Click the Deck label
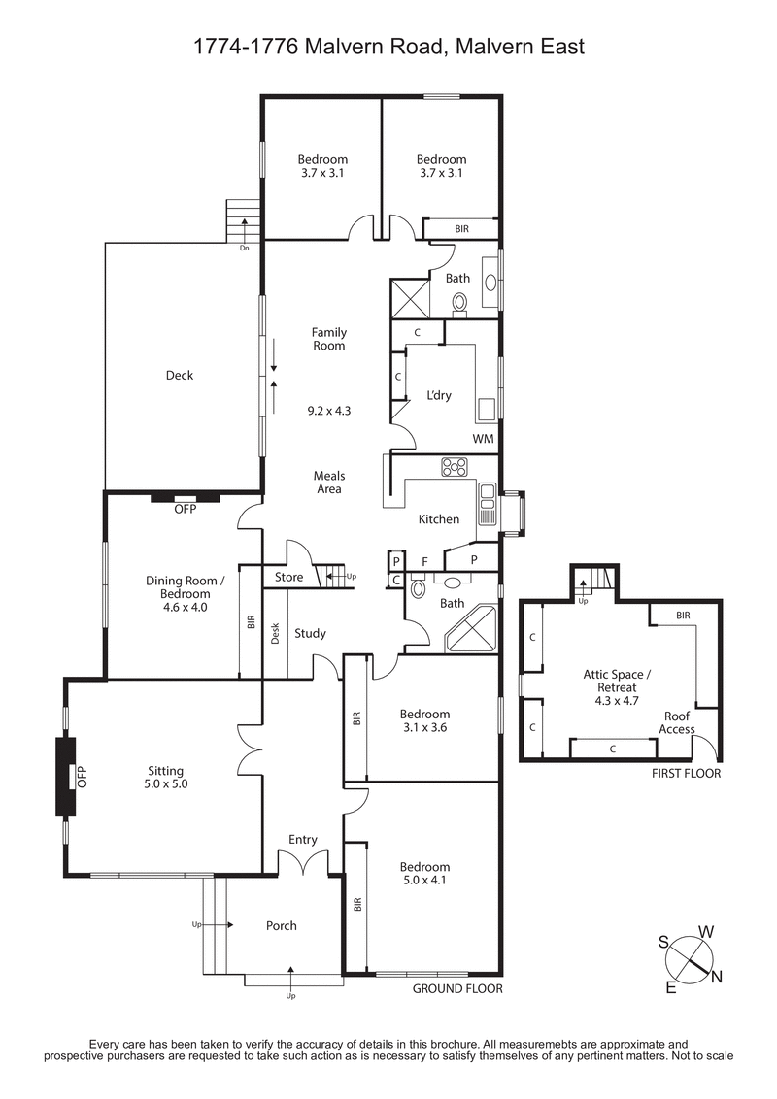pyautogui.click(x=179, y=376)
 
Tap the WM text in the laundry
pyautogui.click(x=483, y=439)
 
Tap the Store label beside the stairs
pyautogui.click(x=288, y=577)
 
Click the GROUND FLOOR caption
pyautogui.click(x=457, y=989)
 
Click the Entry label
pyautogui.click(x=302, y=840)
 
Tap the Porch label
pyautogui.click(x=282, y=925)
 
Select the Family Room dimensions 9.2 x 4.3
pyautogui.click(x=328, y=411)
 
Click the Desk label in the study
pyautogui.click(x=275, y=633)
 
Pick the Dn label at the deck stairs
pyautogui.click(x=245, y=248)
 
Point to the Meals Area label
pyautogui.click(x=329, y=483)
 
